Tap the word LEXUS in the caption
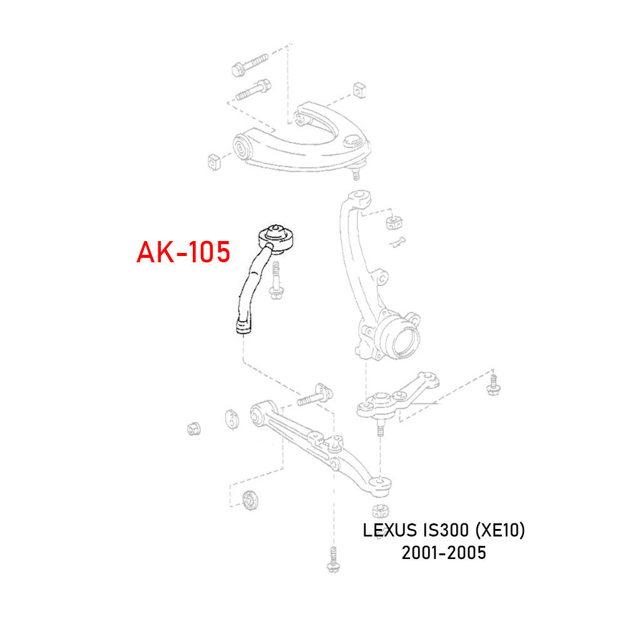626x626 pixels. [385, 531]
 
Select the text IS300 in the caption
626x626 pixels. [440, 531]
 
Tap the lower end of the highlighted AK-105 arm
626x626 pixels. [242, 327]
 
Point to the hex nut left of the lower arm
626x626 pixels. [194, 429]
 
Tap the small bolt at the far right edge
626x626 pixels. [492, 384]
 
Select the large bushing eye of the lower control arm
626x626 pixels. [257, 414]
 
